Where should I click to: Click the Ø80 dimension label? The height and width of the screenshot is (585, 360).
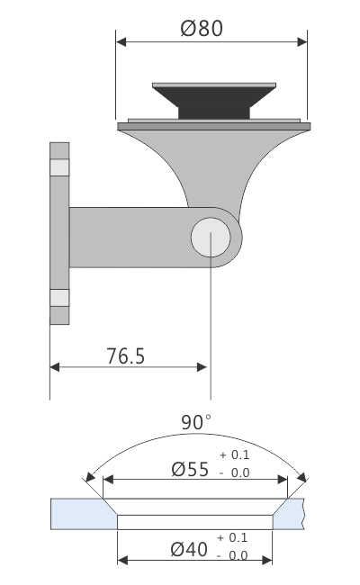202,28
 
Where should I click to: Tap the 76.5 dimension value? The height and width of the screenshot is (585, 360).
125,355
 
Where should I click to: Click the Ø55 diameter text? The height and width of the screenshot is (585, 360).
189,469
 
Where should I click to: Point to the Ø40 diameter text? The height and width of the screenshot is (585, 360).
189,548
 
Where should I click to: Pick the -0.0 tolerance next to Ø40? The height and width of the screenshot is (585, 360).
232,556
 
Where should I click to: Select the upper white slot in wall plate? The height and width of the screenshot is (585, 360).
59,167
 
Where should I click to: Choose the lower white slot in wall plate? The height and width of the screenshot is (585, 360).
59,297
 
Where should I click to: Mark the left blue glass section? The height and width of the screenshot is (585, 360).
81,514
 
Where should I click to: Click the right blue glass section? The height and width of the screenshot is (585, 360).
292,514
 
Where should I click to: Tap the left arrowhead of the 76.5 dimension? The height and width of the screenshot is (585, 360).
55,367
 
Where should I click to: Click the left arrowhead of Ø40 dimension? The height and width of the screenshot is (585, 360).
122,560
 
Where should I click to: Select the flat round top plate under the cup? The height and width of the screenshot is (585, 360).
213,123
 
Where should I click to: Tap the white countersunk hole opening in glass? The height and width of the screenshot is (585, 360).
195,520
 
